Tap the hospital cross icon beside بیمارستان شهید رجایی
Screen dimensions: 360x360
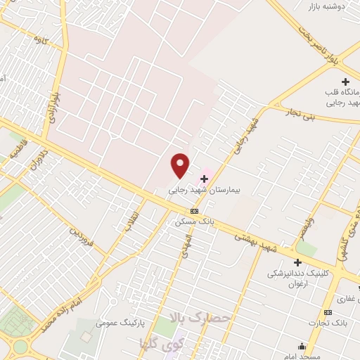[x=205, y=179]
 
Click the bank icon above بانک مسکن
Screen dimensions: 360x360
[x=194, y=211]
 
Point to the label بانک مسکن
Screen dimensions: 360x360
[x=194, y=221]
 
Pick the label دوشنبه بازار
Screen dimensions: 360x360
[x=328, y=6]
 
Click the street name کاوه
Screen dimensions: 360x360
[x=41, y=42]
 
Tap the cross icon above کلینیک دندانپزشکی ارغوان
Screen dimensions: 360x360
[x=298, y=262]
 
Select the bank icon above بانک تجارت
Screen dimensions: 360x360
[x=328, y=312]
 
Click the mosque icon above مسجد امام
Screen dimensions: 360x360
[x=302, y=346]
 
